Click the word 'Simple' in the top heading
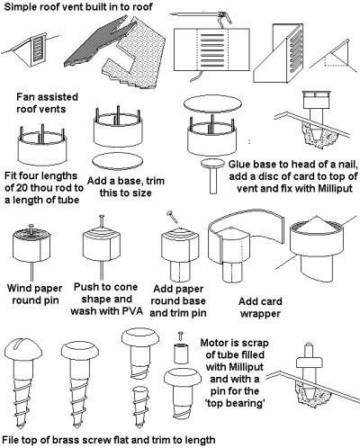(20, 6)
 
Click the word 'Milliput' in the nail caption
(335, 188)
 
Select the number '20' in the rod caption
(23, 188)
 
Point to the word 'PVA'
(132, 311)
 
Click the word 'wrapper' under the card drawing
(260, 314)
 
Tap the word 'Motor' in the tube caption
(213, 343)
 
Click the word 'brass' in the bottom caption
(66, 440)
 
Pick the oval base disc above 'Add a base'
(118, 161)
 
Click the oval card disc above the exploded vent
(212, 103)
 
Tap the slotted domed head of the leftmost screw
(23, 349)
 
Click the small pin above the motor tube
(181, 336)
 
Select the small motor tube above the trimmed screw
(181, 354)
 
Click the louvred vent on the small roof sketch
(39, 49)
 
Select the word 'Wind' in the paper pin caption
(19, 288)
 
